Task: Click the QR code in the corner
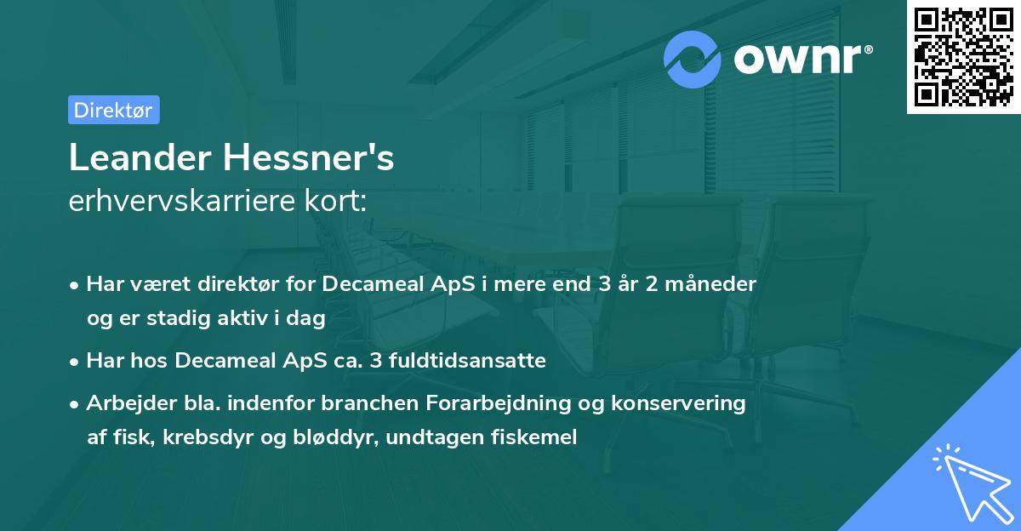point(964,57)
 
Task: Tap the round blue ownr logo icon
point(693,60)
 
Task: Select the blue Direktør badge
point(113,110)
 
